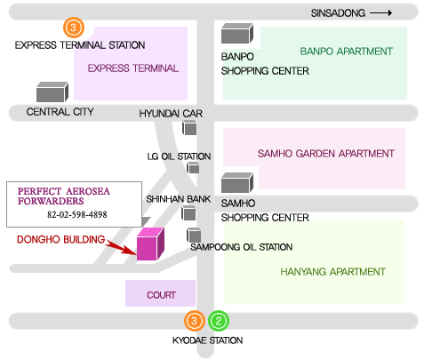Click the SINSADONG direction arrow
381,13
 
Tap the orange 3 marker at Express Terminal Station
74,28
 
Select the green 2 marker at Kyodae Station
219,321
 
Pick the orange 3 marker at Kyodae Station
194,321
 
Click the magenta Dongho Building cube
150,244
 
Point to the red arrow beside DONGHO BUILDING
121,247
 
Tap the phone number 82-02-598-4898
77,214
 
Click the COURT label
161,295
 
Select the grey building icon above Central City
52,92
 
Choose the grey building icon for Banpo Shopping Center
237,34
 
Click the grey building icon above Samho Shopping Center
237,183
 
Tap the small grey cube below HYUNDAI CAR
189,128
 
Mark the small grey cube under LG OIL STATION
193,168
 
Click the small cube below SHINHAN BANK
188,213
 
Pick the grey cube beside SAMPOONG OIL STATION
194,235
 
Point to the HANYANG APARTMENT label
332,272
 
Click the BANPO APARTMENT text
346,52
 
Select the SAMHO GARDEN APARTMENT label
326,154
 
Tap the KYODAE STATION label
207,340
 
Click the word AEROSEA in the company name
88,191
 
